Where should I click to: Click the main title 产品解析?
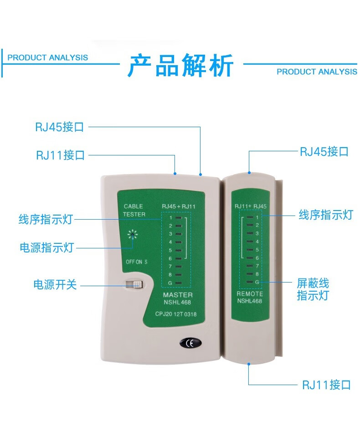click(181, 66)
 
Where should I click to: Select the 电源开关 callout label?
click(55, 285)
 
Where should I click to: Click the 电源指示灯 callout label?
click(46, 248)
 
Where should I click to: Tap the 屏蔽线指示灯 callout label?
click(313, 289)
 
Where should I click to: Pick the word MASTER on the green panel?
click(178, 295)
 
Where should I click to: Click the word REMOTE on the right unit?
click(250, 294)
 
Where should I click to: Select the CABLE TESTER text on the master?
click(134, 210)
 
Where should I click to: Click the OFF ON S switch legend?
click(137, 262)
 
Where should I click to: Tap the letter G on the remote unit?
click(257, 283)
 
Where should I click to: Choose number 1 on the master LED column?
click(170, 217)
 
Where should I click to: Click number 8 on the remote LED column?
click(257, 274)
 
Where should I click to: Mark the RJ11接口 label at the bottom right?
click(326, 385)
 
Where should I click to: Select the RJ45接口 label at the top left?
click(60, 127)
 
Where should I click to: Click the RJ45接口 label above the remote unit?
click(324, 151)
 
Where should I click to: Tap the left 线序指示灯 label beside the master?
click(46, 220)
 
